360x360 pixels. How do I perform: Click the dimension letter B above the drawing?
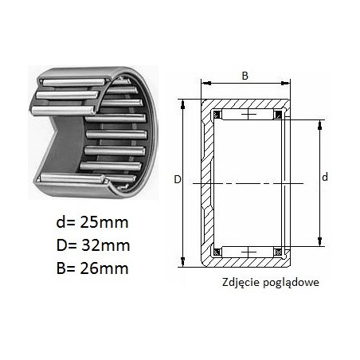245,76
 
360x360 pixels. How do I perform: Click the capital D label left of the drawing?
178,180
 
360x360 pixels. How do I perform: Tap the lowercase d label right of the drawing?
325,177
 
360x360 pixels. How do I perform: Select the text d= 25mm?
92,222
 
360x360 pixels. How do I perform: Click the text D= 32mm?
93,245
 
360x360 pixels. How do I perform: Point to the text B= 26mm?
92,268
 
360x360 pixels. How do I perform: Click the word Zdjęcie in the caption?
241,282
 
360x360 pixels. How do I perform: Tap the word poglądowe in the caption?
291,283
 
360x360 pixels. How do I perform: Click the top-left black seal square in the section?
217,115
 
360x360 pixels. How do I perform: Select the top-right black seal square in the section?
278,115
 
